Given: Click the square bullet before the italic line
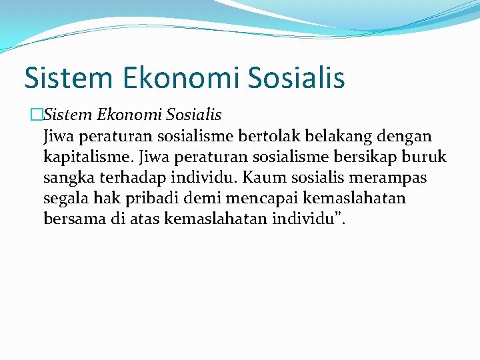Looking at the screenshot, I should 37,116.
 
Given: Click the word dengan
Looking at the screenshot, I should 407,137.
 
